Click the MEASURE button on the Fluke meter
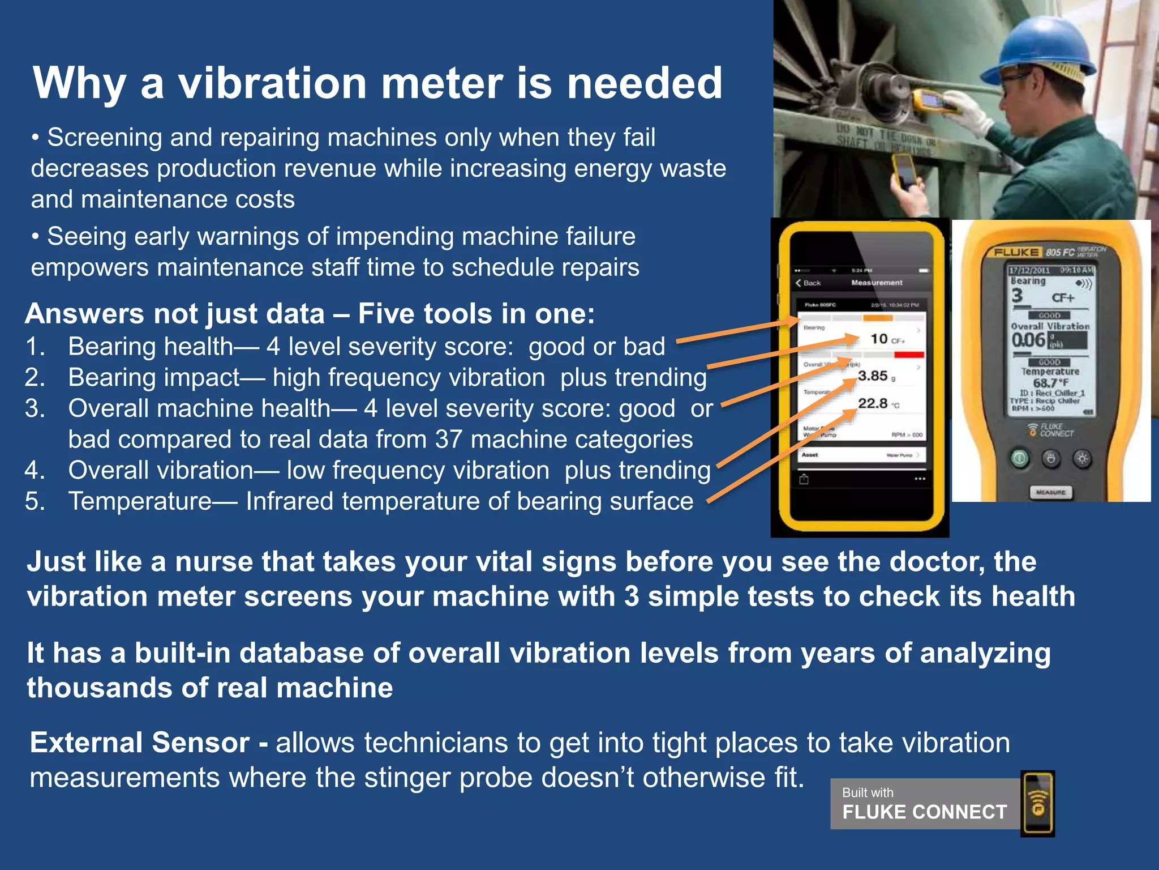coord(1050,492)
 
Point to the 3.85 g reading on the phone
coord(873,376)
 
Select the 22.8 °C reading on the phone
coord(873,404)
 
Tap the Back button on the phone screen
coord(808,283)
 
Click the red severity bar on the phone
coord(909,355)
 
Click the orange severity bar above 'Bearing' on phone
coord(877,318)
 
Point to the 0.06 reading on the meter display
coord(1028,340)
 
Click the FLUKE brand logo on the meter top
coord(1016,253)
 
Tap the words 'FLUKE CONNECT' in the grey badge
coord(925,812)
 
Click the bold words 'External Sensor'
coord(140,743)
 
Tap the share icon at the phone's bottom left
coord(804,480)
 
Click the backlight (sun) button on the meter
coord(1082,458)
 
